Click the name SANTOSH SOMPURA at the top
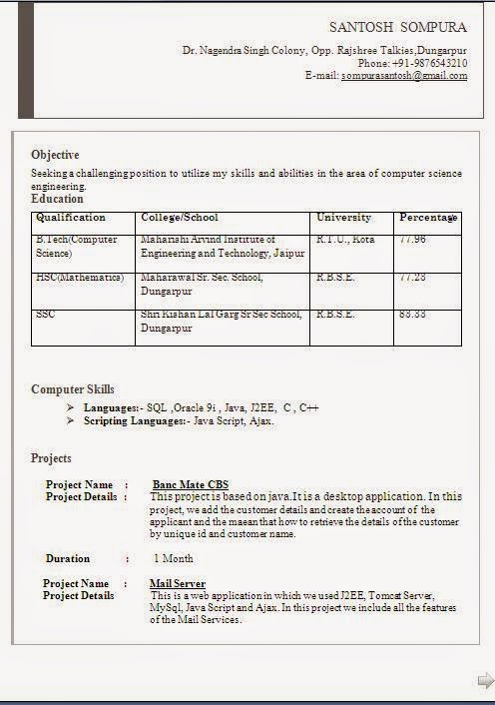pos(397,27)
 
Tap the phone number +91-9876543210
pos(432,63)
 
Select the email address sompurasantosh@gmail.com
pos(404,76)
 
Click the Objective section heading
pos(55,155)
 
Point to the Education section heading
pos(57,199)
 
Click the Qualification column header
pos(71,218)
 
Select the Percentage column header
pos(428,218)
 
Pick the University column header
pos(343,218)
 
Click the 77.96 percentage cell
pos(412,240)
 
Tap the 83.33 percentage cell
pos(412,315)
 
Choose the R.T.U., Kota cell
pos(345,240)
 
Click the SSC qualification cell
pos(46,315)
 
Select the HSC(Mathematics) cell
pos(80,278)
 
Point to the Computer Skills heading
pos(73,389)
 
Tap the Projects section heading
pos(51,458)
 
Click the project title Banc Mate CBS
pos(191,485)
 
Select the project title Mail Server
pos(178,583)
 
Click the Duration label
pos(68,559)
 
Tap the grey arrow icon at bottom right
pos(485,681)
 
